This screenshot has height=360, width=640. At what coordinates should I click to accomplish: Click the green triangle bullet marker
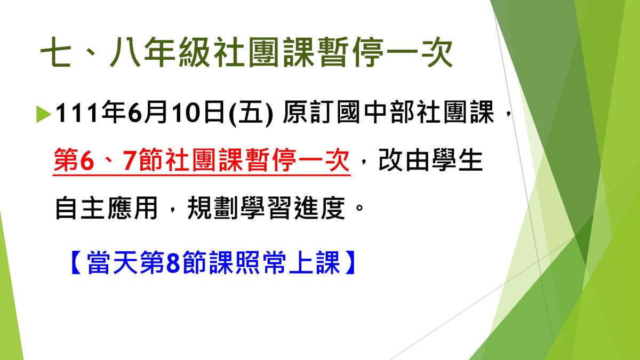tap(44, 114)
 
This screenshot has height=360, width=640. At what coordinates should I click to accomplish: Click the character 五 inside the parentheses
tap(251, 113)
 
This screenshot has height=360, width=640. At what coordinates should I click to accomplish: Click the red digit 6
tap(87, 160)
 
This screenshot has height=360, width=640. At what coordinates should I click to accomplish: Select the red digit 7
tap(129, 160)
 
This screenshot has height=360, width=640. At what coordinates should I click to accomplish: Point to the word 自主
tap(79, 207)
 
